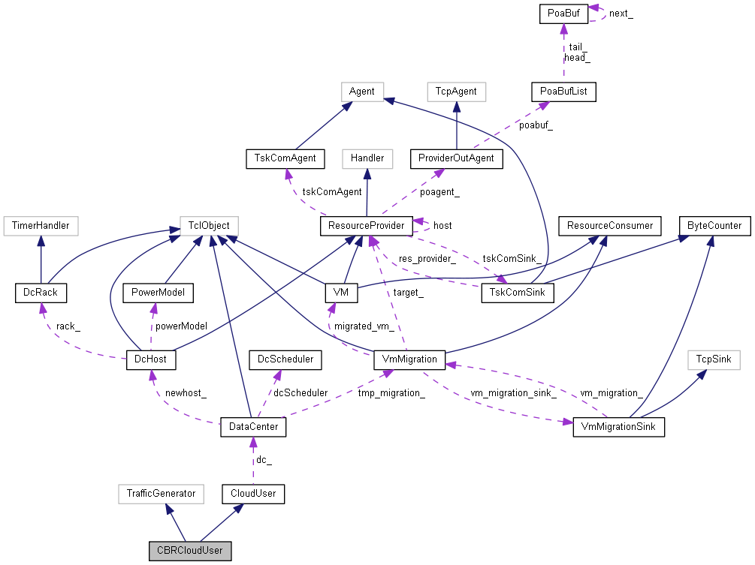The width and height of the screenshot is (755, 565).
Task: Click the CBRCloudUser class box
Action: (x=190, y=550)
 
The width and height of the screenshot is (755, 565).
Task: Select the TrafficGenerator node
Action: (x=161, y=493)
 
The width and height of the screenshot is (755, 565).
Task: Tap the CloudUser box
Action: (x=253, y=493)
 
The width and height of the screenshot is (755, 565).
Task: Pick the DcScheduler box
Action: (x=285, y=360)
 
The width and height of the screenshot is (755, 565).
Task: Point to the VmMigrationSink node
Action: (x=618, y=427)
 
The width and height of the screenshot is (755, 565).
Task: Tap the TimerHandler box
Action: (x=41, y=224)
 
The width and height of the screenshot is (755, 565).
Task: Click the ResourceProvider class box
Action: (x=366, y=225)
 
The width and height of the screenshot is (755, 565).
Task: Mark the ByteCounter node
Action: (x=714, y=225)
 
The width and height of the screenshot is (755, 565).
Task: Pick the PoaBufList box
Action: (x=563, y=92)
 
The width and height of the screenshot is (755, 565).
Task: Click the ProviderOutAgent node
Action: (x=457, y=158)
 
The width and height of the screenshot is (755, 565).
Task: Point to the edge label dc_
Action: (x=263, y=460)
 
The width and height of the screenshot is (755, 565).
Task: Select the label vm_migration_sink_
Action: (x=513, y=392)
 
